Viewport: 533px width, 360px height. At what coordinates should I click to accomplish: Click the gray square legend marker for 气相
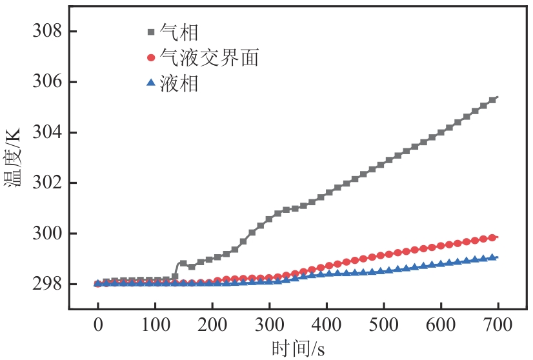(x=151, y=32)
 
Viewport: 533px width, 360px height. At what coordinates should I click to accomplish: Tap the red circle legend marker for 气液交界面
(x=151, y=57)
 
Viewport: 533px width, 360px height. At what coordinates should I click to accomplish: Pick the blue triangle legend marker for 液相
(x=151, y=83)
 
